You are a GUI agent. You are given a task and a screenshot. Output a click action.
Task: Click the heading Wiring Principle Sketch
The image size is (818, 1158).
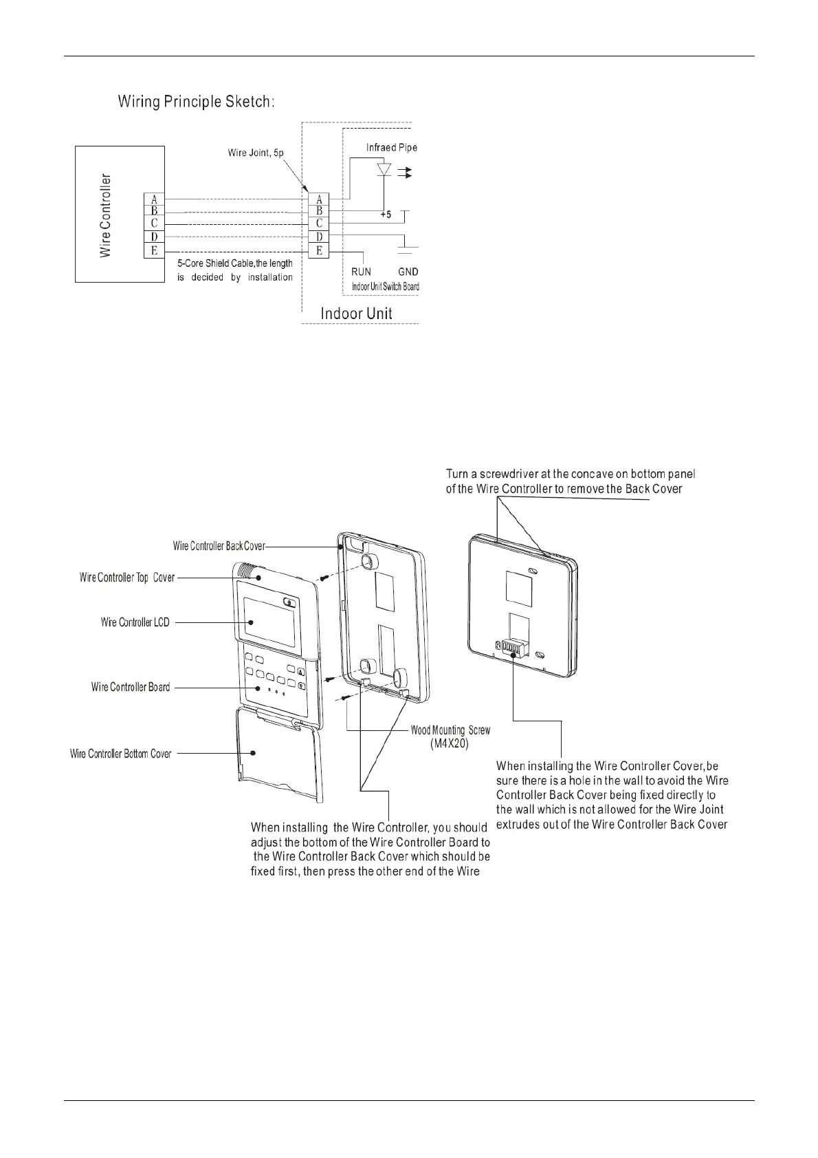[x=197, y=102]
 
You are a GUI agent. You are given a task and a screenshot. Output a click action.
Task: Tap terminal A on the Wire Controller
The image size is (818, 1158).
[x=154, y=199]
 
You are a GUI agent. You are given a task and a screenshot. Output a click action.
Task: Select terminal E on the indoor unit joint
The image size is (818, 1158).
[x=319, y=251]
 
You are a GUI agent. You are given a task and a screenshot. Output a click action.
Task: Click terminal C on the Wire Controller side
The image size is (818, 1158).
[x=154, y=224]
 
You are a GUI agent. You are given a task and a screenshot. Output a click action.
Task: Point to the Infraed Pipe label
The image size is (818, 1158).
[x=391, y=148]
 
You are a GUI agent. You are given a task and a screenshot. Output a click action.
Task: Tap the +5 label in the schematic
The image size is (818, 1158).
[x=385, y=215]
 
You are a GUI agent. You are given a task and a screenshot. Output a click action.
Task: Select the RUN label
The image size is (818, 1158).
[x=361, y=272]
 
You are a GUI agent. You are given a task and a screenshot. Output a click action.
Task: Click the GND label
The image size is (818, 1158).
[x=408, y=272]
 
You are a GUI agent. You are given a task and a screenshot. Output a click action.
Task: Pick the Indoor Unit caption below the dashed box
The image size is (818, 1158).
[x=356, y=314]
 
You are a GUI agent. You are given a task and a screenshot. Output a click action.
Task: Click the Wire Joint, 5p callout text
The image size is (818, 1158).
[x=256, y=153]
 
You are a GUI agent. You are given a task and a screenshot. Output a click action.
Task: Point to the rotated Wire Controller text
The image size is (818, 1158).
[x=105, y=216]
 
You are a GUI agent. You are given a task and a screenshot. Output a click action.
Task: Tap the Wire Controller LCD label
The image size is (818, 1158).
[x=135, y=622]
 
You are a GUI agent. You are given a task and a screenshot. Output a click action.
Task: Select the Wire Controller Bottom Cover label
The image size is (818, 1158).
[x=121, y=754]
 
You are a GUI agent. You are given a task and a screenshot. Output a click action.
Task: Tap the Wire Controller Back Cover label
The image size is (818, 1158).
[x=219, y=546]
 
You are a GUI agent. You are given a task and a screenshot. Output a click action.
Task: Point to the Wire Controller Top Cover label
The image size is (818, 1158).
[x=127, y=578]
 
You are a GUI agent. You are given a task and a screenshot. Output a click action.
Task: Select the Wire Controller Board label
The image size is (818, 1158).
[x=131, y=687]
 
